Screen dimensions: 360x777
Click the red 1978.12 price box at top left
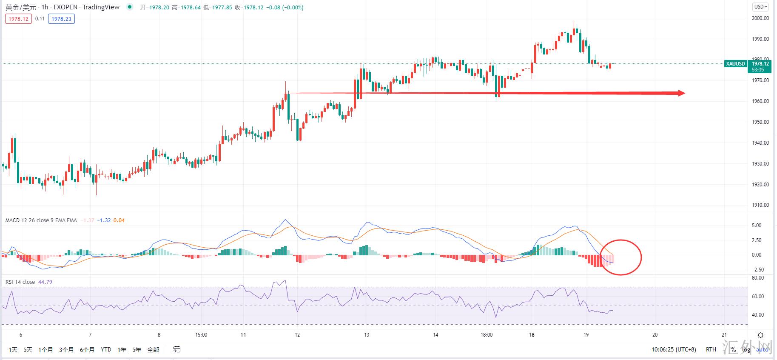[18, 19]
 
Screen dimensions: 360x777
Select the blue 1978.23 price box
[61, 19]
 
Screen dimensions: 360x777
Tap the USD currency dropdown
[760, 7]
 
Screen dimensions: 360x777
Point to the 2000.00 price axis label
[760, 18]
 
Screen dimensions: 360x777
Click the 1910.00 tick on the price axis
[760, 205]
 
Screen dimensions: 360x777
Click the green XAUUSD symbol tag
[735, 64]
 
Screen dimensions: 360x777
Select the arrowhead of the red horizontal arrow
[680, 93]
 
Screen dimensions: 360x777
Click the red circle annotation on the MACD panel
[620, 257]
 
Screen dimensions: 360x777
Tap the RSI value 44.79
[45, 282]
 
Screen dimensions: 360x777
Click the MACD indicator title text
[41, 220]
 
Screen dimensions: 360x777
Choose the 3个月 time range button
[66, 350]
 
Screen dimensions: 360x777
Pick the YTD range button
[106, 350]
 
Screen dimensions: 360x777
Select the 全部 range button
[153, 350]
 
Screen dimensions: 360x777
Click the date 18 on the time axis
[532, 335]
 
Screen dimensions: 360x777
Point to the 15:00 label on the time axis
[201, 335]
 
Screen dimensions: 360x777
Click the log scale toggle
[746, 350]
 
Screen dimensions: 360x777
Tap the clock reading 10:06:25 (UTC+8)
[674, 350]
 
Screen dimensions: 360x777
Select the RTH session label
[711, 350]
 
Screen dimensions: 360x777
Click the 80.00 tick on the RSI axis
[758, 278]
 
